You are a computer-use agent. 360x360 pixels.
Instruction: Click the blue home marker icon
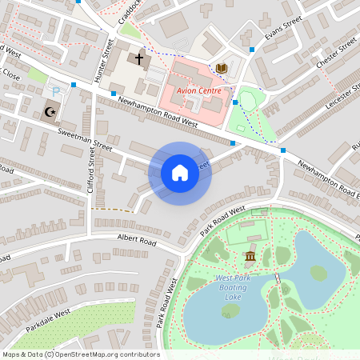(x=180, y=173)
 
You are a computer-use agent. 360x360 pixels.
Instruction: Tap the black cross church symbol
(x=139, y=58)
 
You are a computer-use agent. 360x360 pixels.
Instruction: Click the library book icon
(x=222, y=69)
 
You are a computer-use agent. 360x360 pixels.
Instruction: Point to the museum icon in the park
(x=250, y=256)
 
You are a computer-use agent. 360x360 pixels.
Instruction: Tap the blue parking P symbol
(x=56, y=94)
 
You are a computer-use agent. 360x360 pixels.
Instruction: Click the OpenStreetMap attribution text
(x=80, y=354)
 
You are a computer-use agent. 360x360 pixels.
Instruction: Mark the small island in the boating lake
(x=318, y=274)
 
